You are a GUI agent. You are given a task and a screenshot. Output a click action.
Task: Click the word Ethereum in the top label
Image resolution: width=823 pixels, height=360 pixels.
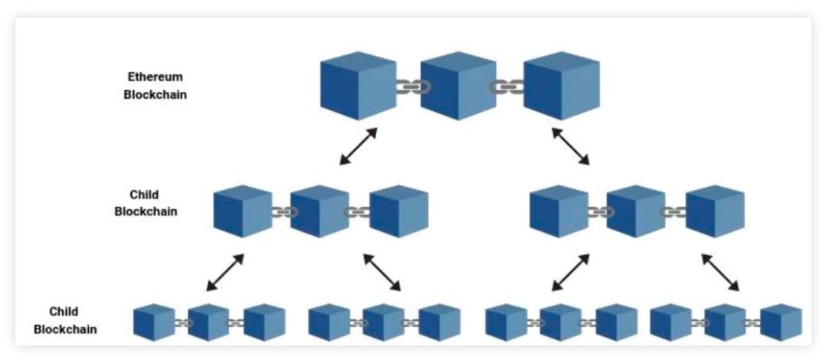pos(155,77)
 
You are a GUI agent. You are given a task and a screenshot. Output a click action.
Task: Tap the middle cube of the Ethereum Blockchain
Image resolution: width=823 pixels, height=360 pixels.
pos(459,86)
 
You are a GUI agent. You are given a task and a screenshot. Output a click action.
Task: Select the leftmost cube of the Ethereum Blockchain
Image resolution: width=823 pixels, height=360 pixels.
pos(358,86)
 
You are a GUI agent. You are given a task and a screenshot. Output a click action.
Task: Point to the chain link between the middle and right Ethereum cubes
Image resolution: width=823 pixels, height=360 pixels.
pos(508,87)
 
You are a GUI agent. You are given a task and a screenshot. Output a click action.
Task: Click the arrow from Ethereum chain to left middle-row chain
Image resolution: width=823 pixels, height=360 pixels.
pos(358,146)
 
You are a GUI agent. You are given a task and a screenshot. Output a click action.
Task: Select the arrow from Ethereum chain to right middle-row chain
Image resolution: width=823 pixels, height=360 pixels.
pos(571,146)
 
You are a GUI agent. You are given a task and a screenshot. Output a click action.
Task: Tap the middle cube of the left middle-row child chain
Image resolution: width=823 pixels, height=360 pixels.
pos(320,211)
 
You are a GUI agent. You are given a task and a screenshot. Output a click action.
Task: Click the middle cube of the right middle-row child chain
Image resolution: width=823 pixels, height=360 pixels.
pos(636,211)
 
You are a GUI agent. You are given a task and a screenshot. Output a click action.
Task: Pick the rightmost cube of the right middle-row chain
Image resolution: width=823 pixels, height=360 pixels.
pos(715,211)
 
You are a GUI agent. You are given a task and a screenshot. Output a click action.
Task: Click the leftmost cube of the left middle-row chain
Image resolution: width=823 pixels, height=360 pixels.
pos(243,211)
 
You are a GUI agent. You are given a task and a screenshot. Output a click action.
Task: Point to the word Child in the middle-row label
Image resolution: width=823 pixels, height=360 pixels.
pos(144,195)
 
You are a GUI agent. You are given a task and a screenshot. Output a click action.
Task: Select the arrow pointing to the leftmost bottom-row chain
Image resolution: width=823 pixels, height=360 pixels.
pos(225,273)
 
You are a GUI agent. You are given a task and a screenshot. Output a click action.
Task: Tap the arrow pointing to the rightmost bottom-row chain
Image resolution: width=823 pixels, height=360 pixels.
pos(720,273)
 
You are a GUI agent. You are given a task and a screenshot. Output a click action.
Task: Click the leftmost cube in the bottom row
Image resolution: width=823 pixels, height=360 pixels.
pos(154,322)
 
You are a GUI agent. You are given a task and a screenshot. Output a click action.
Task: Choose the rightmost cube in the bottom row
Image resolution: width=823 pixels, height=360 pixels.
pos(781,322)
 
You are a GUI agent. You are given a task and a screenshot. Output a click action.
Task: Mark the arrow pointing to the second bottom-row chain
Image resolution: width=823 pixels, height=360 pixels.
pos(382,273)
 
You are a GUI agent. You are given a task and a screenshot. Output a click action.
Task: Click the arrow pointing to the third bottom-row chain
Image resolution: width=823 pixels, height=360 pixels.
pos(570,273)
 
